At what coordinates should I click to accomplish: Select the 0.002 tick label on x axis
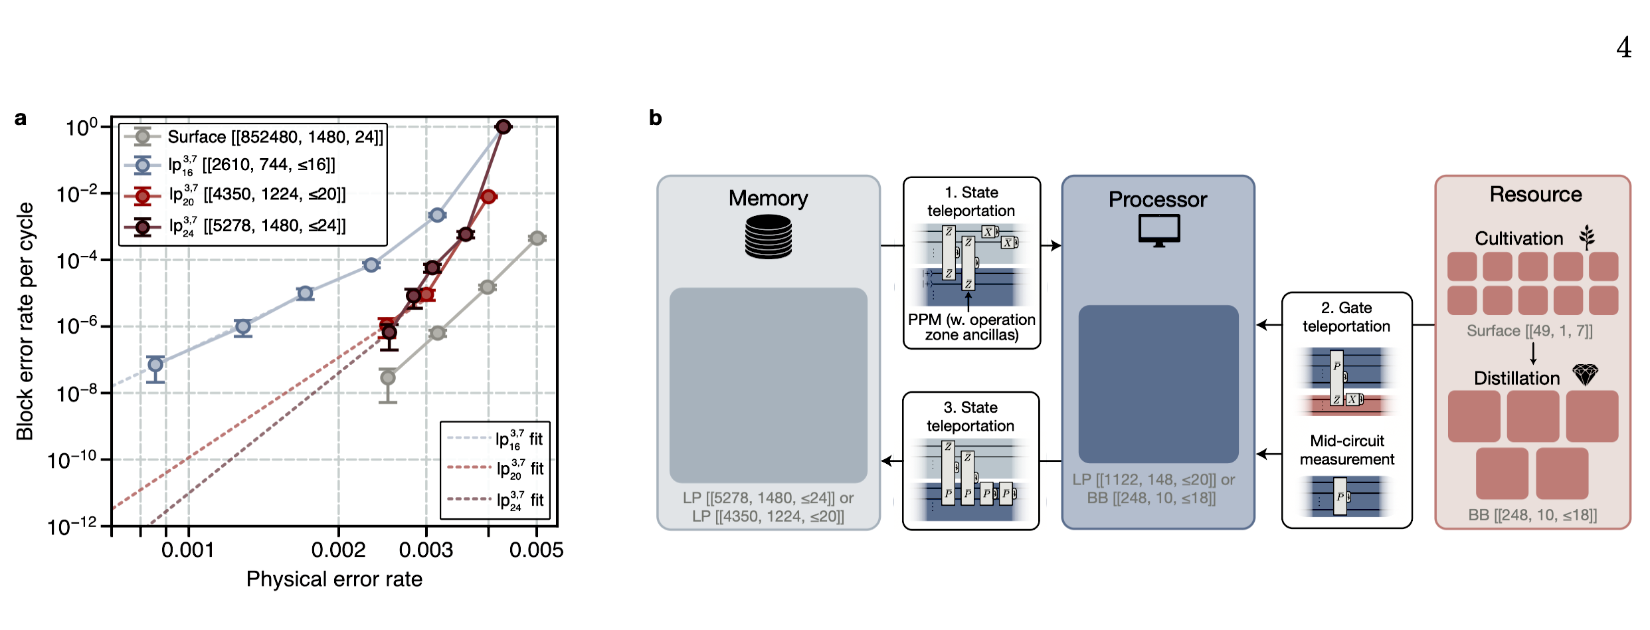tap(338, 550)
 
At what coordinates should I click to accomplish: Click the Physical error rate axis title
tap(334, 579)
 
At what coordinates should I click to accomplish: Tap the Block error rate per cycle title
tap(25, 322)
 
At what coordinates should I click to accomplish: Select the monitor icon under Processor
tap(1158, 231)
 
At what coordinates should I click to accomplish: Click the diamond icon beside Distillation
tap(1585, 375)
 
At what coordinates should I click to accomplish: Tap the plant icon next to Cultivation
tap(1587, 237)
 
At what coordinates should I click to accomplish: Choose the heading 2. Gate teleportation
tap(1346, 317)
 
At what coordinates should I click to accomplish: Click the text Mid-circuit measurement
tap(1346, 450)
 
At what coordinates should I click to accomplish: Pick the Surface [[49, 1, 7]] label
tap(1529, 331)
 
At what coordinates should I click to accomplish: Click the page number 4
tap(1623, 48)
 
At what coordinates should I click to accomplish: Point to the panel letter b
tap(655, 118)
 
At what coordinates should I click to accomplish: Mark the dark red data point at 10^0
tap(503, 126)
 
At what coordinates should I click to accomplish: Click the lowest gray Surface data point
tap(388, 377)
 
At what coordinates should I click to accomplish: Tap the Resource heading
tap(1535, 194)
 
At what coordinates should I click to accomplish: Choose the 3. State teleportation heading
tap(970, 417)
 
